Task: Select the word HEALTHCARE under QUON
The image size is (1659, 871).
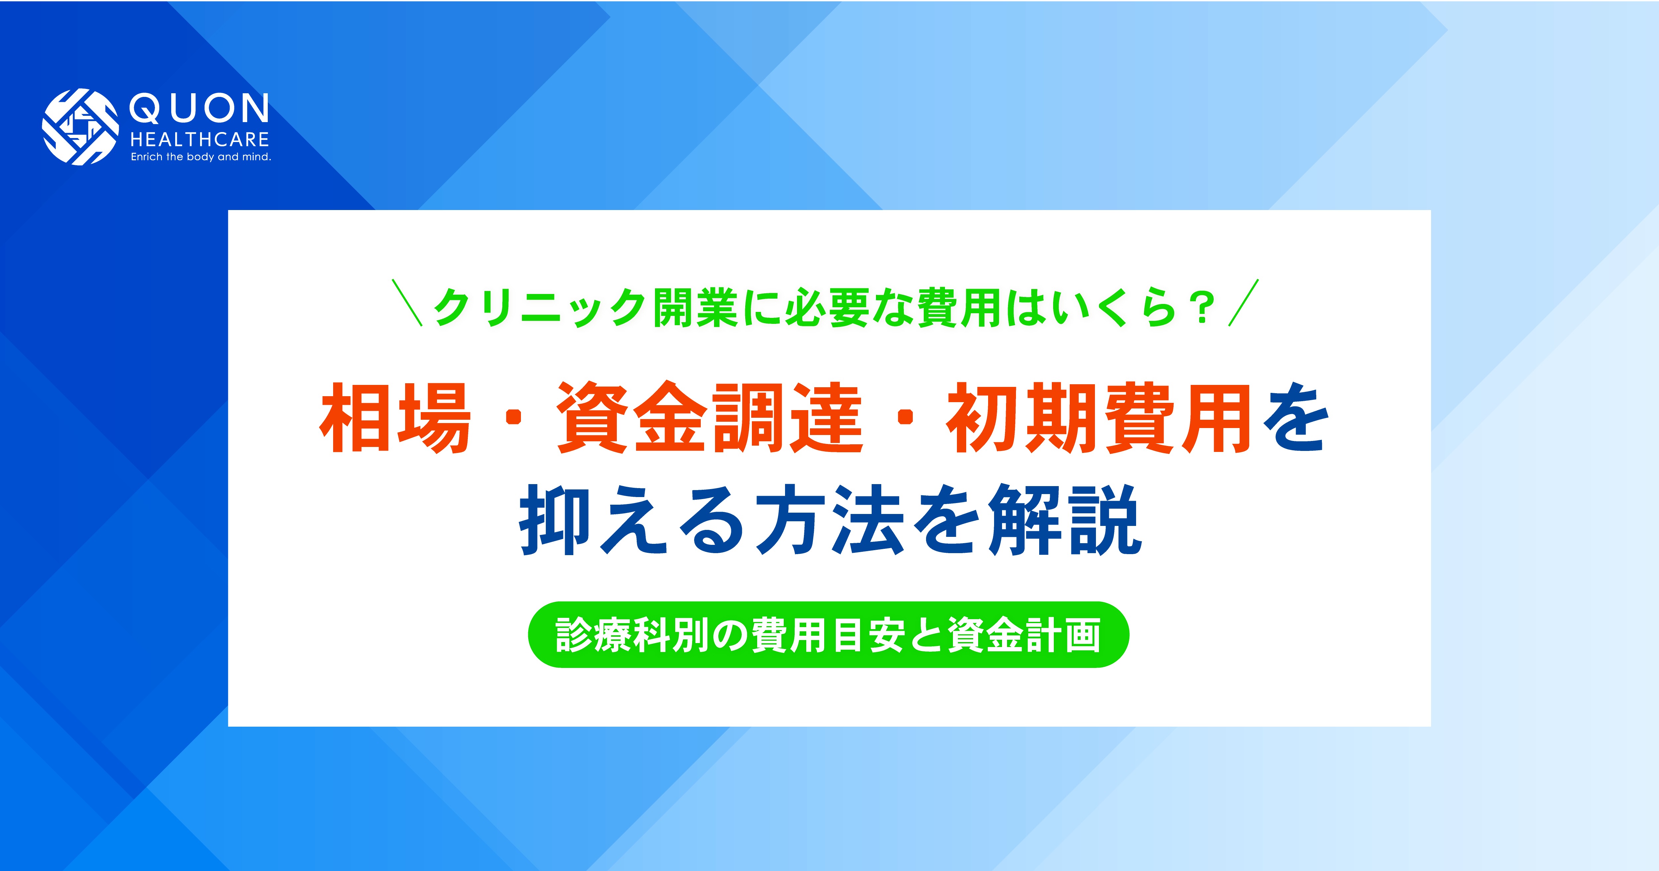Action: tap(200, 140)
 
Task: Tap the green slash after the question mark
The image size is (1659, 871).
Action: tap(1243, 303)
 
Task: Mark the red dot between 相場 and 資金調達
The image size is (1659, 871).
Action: tap(513, 419)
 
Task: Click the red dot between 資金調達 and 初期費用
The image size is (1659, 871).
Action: tap(905, 419)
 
